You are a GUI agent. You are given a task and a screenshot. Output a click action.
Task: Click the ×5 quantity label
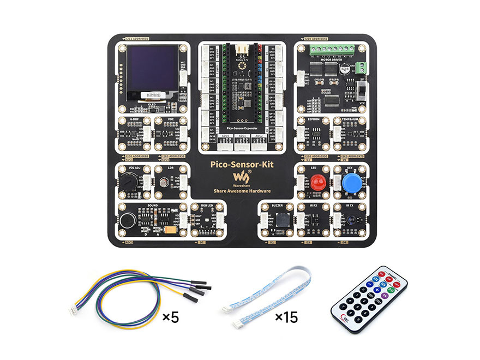(171, 317)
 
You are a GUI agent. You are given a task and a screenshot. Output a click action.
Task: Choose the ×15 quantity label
(286, 317)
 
